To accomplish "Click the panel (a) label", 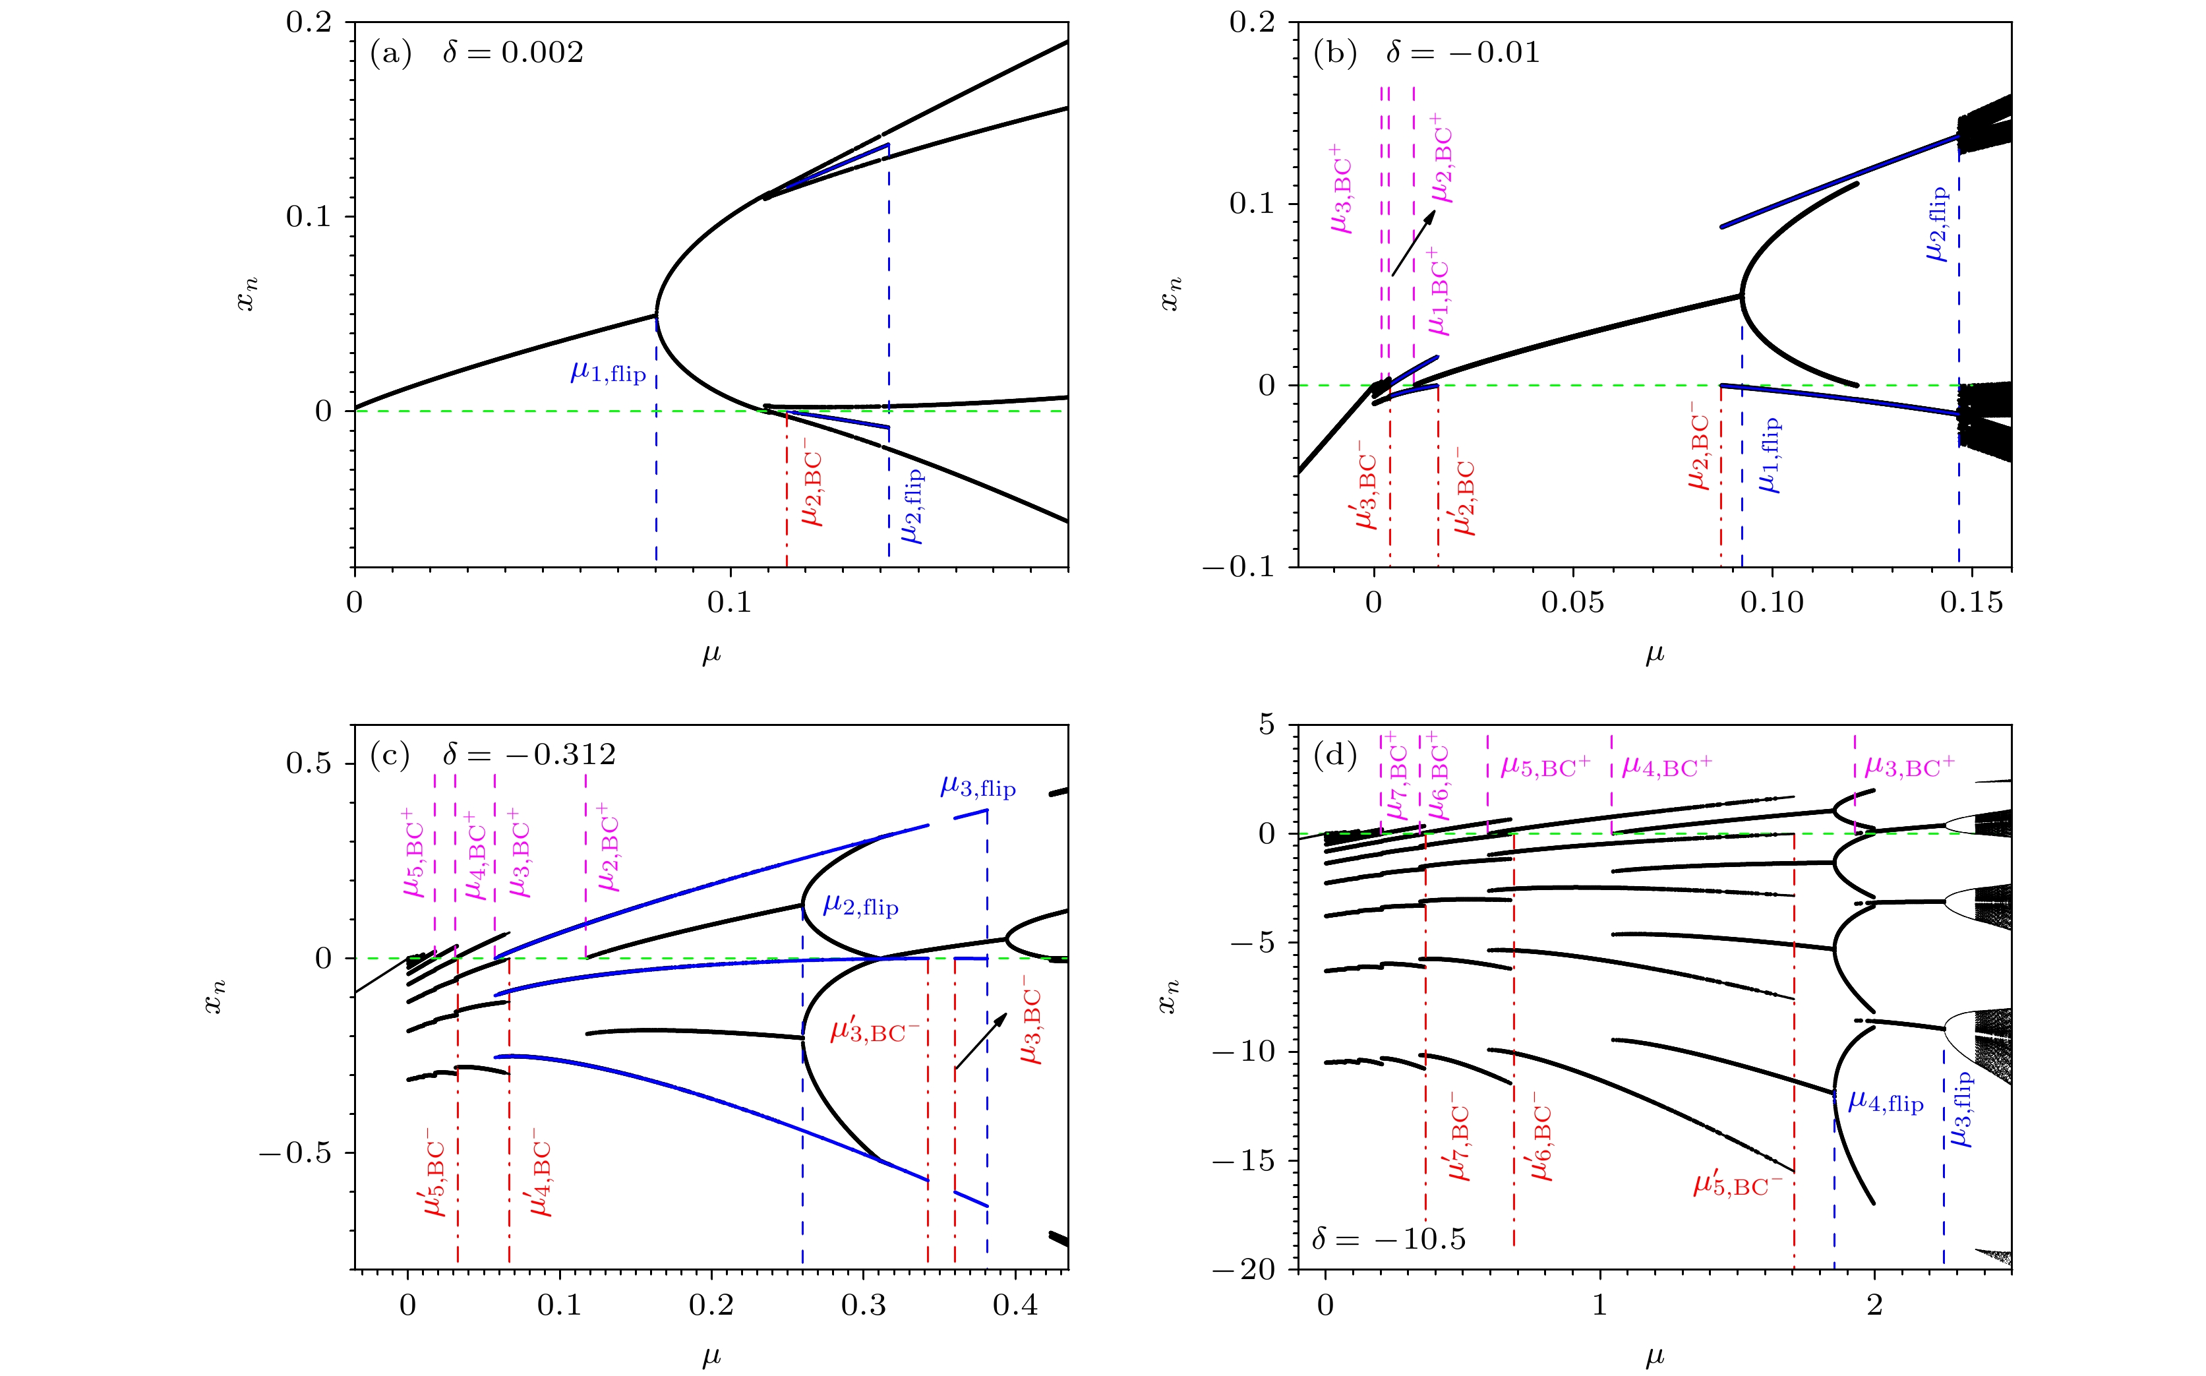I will pos(390,53).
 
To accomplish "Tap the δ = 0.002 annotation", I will pos(512,53).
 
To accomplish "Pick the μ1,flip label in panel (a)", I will pos(608,373).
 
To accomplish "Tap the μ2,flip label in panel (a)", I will pos(912,506).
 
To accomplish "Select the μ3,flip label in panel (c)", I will pos(978,787).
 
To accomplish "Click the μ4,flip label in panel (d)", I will pos(1886,1103).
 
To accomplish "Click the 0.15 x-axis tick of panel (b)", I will pos(1971,603).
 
